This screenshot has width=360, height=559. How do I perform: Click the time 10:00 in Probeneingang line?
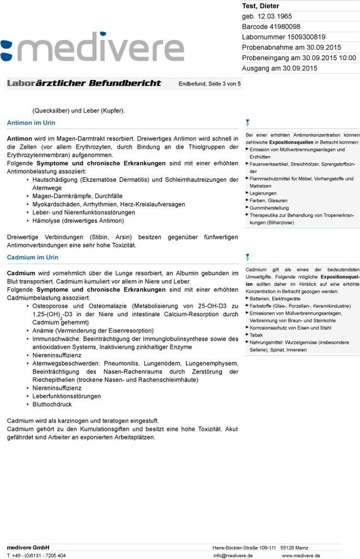pos(347,58)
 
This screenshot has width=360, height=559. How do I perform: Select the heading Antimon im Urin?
pos(31,123)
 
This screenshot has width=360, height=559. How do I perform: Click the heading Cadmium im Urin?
pos(33,257)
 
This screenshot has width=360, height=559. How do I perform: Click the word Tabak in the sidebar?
pos(256,335)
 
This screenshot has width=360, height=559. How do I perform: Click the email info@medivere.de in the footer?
pos(233,555)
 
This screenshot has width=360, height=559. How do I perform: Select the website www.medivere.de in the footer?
pos(301,555)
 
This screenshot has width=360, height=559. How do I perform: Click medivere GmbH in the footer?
pos(28,548)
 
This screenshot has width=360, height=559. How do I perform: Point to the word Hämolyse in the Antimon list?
pos(47,221)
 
